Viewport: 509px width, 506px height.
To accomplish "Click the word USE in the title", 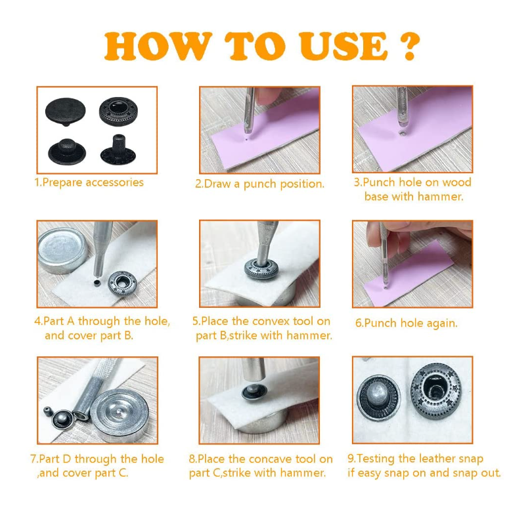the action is (x=342, y=46).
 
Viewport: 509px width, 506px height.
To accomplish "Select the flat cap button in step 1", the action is (x=66, y=112).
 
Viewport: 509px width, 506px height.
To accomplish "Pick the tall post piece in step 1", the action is (x=118, y=150).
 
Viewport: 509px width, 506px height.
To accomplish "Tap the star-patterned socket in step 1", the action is (x=118, y=112).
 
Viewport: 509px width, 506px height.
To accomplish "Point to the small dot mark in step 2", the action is (x=247, y=140).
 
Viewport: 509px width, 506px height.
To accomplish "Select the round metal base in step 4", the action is (x=62, y=250).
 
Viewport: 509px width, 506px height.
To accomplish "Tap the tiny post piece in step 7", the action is (x=49, y=411).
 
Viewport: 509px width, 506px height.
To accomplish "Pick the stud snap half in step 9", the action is (x=378, y=397).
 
